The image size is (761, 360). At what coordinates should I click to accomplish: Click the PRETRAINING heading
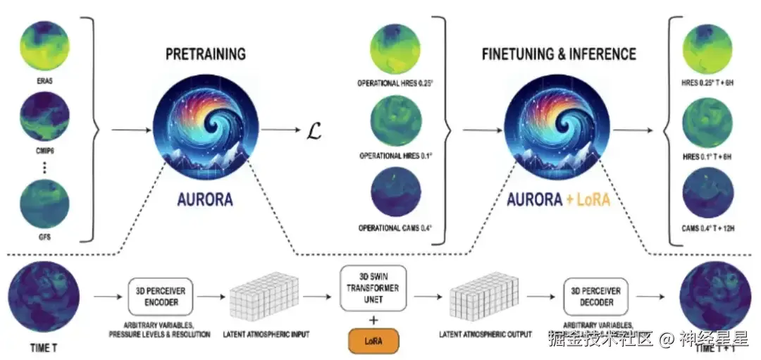[206, 54]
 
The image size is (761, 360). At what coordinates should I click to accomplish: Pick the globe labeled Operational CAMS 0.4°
[395, 194]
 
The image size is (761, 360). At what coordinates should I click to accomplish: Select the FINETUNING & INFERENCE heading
[559, 54]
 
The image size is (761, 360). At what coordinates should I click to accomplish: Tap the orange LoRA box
[373, 341]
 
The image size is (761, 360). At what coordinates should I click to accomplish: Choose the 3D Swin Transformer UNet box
[373, 288]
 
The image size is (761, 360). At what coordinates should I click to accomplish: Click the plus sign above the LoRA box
[373, 318]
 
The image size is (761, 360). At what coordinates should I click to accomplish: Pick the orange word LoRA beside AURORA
[590, 199]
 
